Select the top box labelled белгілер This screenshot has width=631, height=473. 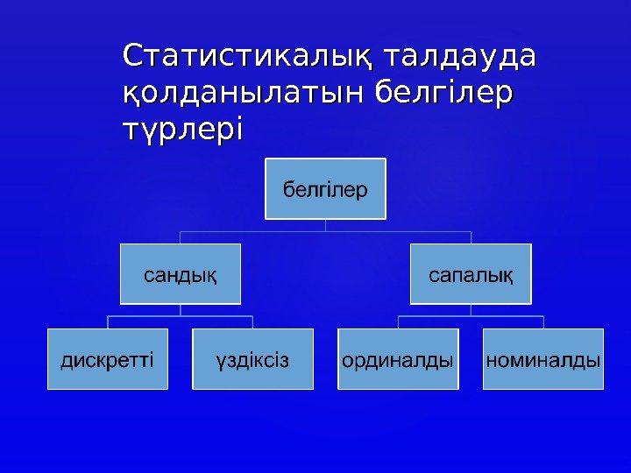tap(325, 187)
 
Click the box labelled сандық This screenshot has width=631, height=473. tap(181, 273)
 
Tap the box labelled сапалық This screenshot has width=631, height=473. tap(471, 273)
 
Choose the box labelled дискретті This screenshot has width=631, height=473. tap(108, 359)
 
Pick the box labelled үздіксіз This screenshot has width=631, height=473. tap(252, 359)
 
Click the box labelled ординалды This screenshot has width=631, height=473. tap(398, 359)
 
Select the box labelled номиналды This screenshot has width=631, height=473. tap(543, 359)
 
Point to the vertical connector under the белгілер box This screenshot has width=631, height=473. tap(325, 225)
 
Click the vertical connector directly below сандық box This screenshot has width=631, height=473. tap(181, 309)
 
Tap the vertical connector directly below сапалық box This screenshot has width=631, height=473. tap(471, 309)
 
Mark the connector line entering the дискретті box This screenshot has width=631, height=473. tap(108, 322)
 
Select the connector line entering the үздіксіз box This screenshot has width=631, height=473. tap(252, 322)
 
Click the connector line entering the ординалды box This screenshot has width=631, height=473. tap(398, 322)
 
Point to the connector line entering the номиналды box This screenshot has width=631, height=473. tap(543, 322)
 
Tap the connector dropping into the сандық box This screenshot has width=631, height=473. tap(181, 237)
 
